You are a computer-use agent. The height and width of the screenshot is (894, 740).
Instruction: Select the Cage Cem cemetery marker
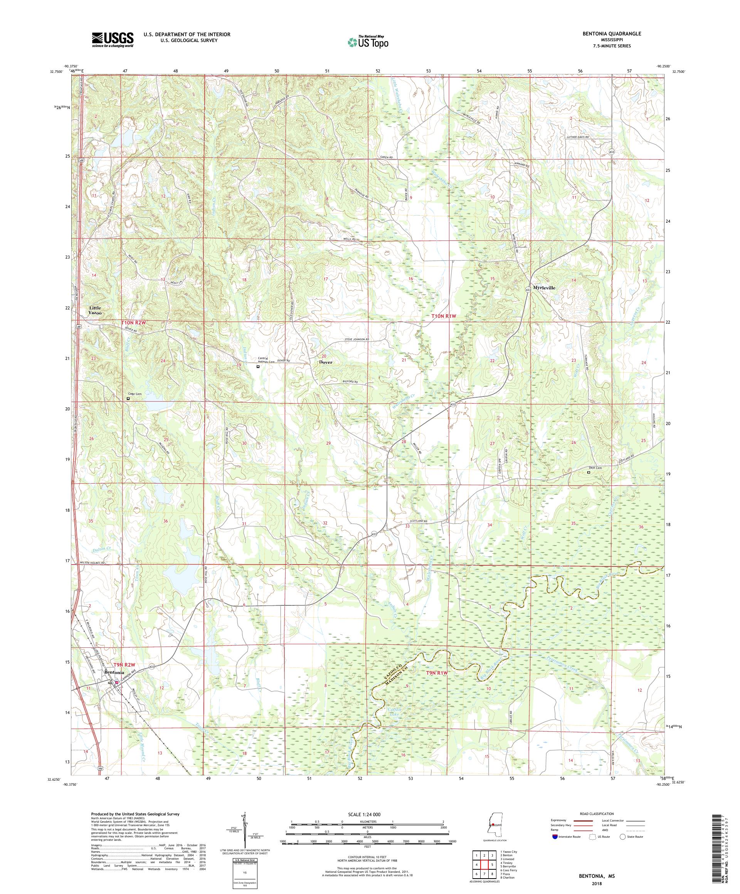pyautogui.click(x=128, y=399)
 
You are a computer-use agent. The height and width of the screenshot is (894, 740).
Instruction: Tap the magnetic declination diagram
pyautogui.click(x=244, y=830)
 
